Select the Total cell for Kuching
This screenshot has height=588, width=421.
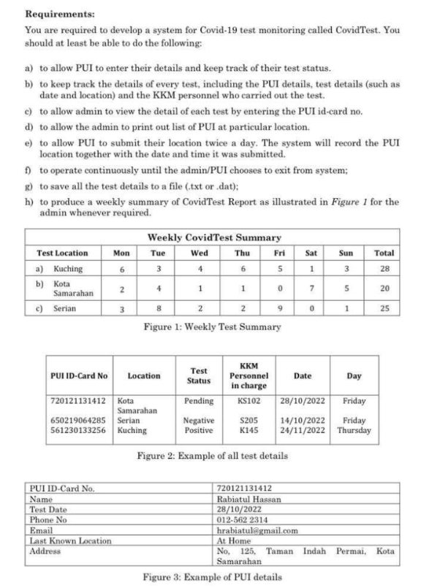384,270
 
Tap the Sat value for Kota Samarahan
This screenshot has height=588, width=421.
311,286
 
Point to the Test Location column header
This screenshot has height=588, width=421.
62,253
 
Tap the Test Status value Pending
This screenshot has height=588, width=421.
199,401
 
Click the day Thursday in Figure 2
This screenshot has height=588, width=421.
354,430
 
